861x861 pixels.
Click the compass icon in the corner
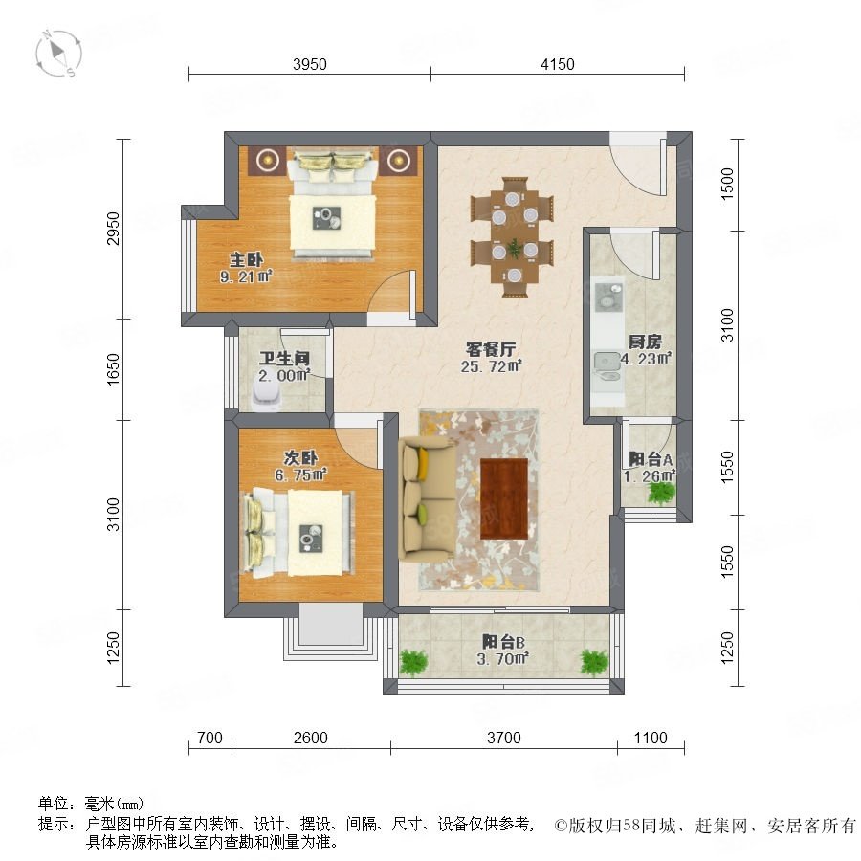click(x=57, y=54)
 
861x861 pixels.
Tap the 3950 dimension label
click(x=310, y=64)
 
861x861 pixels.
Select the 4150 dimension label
click(x=558, y=64)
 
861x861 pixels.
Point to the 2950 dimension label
click(x=113, y=229)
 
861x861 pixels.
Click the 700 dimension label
click(x=210, y=738)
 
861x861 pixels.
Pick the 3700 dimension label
click(x=503, y=738)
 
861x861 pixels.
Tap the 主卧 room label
click(x=246, y=259)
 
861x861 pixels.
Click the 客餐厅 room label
click(x=491, y=349)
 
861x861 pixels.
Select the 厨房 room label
click(x=645, y=342)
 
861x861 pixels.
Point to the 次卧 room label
click(x=300, y=457)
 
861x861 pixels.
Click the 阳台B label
click(x=503, y=641)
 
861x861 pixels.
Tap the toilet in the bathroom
click(x=266, y=393)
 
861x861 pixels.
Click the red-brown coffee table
click(x=504, y=499)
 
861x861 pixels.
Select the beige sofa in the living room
click(x=428, y=498)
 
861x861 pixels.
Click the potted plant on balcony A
click(x=661, y=492)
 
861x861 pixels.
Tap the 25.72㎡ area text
click(x=491, y=366)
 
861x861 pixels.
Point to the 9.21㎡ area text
click(x=246, y=276)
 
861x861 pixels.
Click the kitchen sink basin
click(x=607, y=295)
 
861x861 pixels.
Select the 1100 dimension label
click(x=651, y=738)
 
